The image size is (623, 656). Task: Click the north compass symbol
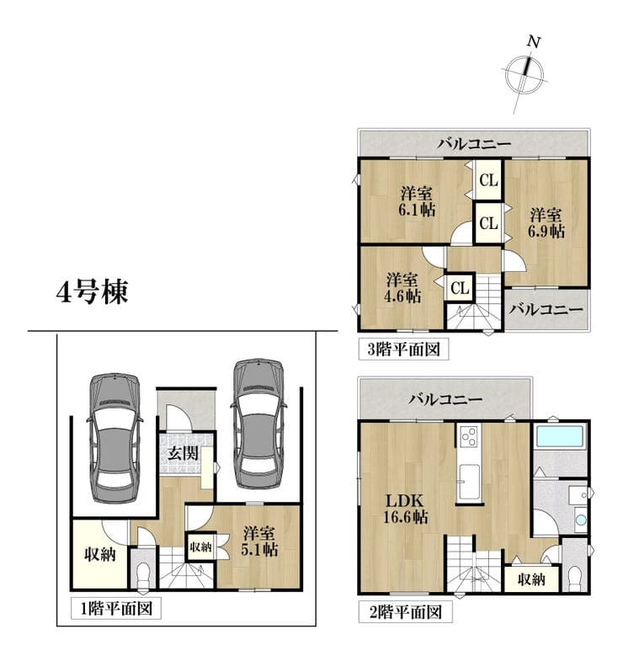point(524,75)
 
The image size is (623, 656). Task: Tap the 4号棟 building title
point(92,292)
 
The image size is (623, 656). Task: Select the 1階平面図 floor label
point(116,609)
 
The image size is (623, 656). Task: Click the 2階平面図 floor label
point(406,612)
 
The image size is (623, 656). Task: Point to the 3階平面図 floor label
point(404,349)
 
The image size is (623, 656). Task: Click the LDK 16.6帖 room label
point(406,509)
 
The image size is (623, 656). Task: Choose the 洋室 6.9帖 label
point(546,223)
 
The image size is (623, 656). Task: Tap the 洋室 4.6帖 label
point(402,288)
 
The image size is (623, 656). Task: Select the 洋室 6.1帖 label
point(416,201)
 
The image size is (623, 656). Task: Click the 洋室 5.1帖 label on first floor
point(259,541)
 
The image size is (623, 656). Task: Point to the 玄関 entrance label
point(183,453)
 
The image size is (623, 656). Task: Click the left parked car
point(114,438)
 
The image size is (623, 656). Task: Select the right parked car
point(258,424)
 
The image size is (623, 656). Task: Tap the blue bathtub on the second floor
point(560,437)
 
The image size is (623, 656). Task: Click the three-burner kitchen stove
point(470,437)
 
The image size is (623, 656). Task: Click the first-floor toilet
point(143,574)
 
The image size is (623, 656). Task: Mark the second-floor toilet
point(576,578)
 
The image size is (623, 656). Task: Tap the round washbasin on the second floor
point(581,520)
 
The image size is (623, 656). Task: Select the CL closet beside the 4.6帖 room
point(460,288)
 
